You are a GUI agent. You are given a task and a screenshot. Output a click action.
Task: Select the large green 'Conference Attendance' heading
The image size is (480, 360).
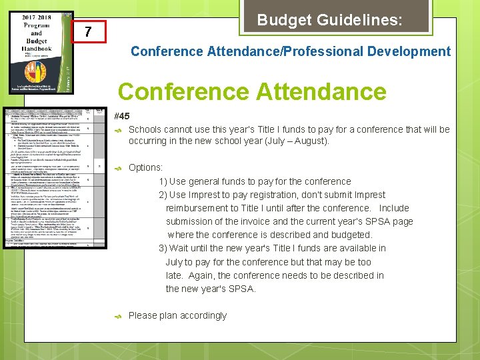(251, 91)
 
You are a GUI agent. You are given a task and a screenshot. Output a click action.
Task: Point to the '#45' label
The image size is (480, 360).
(122, 116)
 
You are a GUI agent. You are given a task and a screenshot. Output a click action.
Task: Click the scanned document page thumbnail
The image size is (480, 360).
(54, 177)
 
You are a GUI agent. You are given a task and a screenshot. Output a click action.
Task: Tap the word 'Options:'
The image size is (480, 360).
(145, 167)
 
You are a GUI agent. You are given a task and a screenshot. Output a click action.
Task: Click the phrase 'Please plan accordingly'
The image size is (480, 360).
(177, 315)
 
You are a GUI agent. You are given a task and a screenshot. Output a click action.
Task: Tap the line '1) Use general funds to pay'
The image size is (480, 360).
(255, 181)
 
